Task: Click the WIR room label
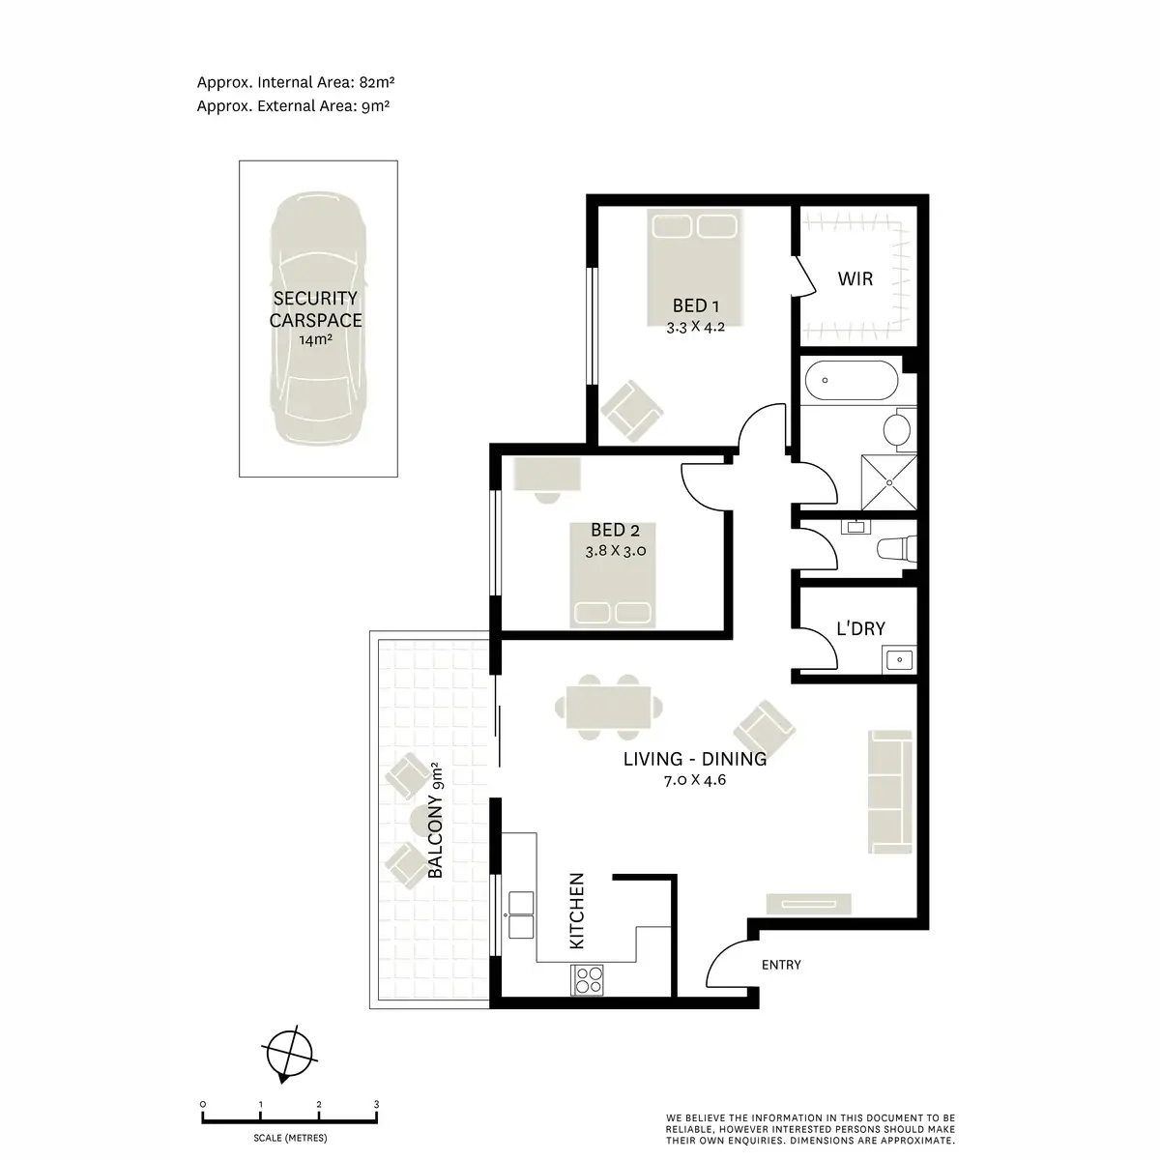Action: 855,279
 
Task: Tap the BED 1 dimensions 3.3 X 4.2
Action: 695,327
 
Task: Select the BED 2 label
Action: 615,531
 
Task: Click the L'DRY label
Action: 860,629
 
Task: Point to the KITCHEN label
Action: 577,911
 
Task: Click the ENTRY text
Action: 781,965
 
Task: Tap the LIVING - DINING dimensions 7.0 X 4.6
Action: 694,779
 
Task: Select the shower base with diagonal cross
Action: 886,481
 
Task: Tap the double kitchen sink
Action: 520,913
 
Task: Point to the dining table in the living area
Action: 609,706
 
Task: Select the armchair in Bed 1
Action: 632,410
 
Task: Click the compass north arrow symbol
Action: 287,1053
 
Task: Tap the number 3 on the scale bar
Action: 376,1104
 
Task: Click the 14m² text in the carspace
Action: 314,340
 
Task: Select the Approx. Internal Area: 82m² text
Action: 293,83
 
